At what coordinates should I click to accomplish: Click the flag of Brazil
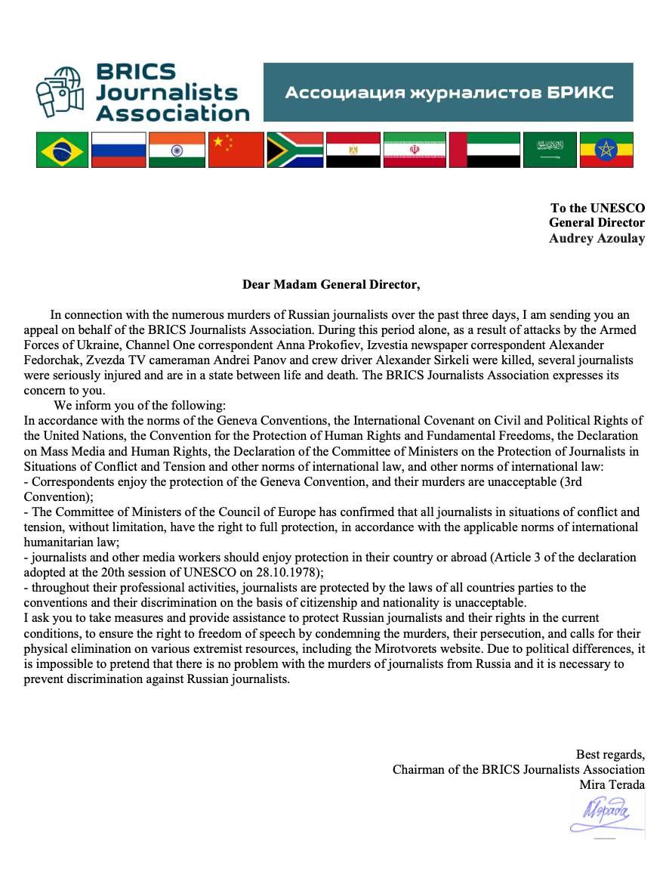click(x=62, y=150)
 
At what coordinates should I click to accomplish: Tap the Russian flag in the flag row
click(x=119, y=150)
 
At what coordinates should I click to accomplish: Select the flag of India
click(x=177, y=150)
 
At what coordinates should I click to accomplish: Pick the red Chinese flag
click(x=236, y=150)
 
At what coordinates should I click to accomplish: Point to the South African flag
click(x=295, y=150)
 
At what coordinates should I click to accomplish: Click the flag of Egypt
click(x=353, y=150)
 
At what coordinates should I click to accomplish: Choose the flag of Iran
click(x=414, y=150)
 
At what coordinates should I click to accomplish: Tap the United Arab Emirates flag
click(x=484, y=150)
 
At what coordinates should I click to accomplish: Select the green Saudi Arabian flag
click(x=550, y=150)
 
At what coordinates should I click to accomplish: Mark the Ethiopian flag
click(x=606, y=150)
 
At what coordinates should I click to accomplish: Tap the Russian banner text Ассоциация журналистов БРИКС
click(x=449, y=93)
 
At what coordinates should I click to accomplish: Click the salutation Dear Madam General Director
click(x=331, y=285)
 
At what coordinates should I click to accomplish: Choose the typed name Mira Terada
click(x=612, y=784)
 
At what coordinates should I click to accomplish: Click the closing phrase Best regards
click(x=610, y=754)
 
